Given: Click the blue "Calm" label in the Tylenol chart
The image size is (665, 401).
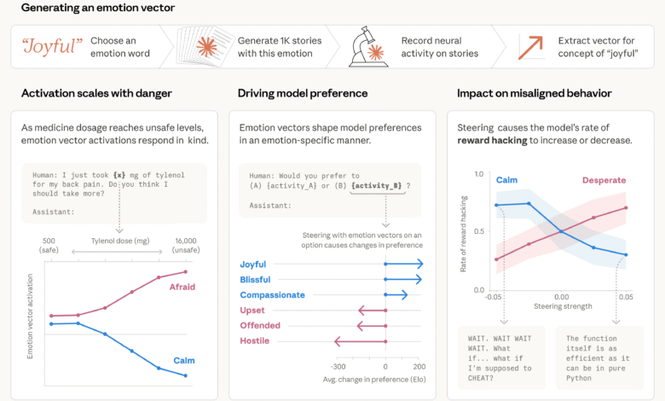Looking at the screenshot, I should (184, 360).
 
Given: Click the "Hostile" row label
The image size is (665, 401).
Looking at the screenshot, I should (255, 340).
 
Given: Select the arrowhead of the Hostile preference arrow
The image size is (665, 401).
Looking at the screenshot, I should (338, 340).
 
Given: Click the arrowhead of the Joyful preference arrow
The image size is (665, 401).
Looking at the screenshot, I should (420, 264).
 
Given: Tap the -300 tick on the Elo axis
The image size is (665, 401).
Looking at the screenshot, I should (338, 365).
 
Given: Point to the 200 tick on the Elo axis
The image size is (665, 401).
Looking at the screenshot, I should (419, 365).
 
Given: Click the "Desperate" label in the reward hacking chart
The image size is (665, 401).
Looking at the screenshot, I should (604, 180).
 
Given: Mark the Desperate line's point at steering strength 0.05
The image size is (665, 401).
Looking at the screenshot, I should (627, 207).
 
